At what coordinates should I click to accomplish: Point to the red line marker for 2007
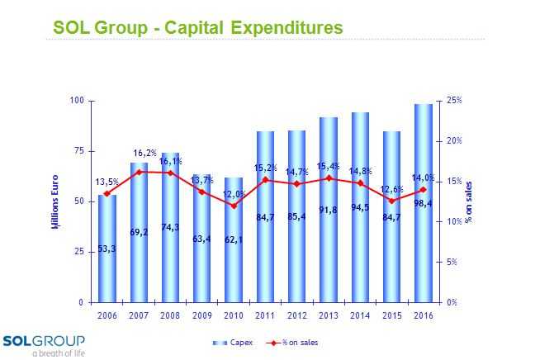(139, 172)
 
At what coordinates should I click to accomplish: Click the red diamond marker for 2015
(391, 201)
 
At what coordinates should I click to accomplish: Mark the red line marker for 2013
(329, 178)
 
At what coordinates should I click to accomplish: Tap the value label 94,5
(360, 218)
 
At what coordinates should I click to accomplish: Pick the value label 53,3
(107, 249)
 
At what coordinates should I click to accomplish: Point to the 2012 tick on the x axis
(296, 316)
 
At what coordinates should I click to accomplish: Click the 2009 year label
(202, 316)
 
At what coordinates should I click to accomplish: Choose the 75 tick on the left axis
(80, 151)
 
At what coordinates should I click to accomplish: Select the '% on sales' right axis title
(468, 201)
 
